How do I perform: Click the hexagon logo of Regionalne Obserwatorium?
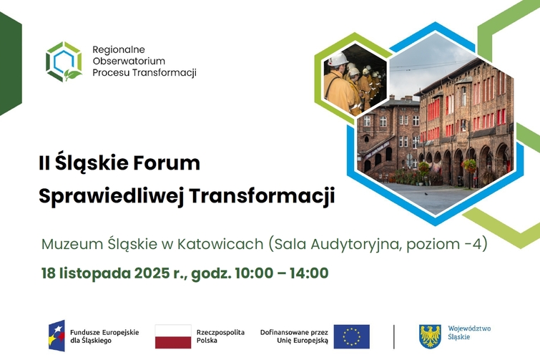(64, 62)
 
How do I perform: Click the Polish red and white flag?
(173, 336)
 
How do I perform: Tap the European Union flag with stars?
(351, 336)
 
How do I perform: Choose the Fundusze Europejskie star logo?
(56, 336)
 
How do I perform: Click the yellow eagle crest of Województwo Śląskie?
(429, 336)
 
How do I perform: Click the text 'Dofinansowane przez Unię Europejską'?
(294, 336)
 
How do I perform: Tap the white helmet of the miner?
(338, 59)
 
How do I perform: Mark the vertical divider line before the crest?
(394, 336)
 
